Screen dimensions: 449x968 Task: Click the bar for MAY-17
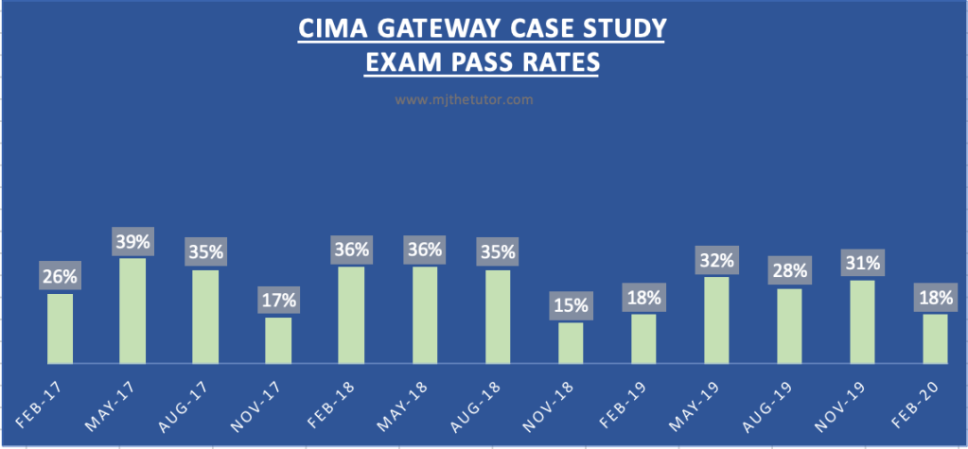[x=132, y=311]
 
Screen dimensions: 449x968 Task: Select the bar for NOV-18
[x=572, y=343]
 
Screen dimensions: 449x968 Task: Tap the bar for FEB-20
[x=935, y=338]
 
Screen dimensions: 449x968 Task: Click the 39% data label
[x=132, y=241]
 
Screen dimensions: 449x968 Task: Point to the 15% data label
[x=572, y=305]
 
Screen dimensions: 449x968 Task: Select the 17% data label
[x=279, y=301]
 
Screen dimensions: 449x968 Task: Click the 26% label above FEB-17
[x=60, y=277]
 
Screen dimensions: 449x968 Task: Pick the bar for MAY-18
[x=426, y=315]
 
